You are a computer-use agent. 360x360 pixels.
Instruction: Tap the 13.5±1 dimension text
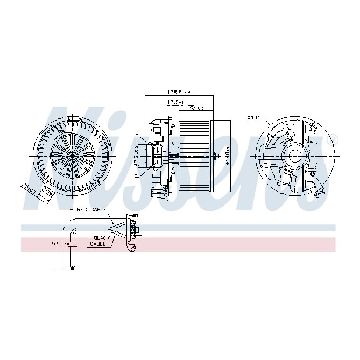tap(175, 102)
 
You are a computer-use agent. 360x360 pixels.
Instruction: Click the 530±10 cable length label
tap(60, 244)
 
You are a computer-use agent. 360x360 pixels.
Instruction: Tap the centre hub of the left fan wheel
tap(72, 155)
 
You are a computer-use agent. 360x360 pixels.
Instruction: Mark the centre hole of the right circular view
tap(295, 156)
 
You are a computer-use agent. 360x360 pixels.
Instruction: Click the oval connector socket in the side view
tap(158, 156)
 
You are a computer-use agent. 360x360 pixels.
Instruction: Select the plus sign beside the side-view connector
tap(137, 133)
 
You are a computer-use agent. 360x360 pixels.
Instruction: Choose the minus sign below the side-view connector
tap(137, 175)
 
